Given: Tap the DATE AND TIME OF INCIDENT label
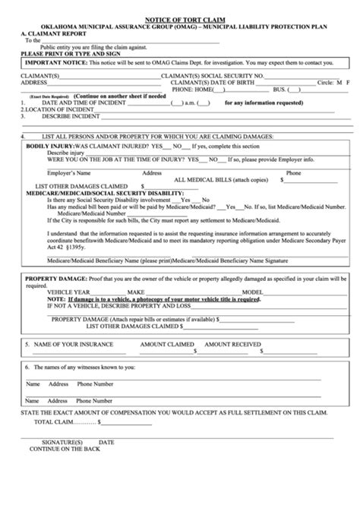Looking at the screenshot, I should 85,103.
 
